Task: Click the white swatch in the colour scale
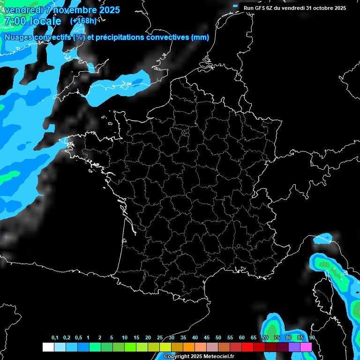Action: coord(48,347)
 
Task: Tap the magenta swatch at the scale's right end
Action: coord(306,347)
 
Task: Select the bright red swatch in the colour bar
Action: coord(247,347)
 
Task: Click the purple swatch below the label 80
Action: coord(294,347)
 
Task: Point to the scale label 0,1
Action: coord(55,338)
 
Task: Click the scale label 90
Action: coord(312,338)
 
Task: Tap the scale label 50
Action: coord(218,338)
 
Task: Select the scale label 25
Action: coord(160,338)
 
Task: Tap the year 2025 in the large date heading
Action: coord(106,10)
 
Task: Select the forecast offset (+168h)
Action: coord(83,21)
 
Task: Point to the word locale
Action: coord(45,22)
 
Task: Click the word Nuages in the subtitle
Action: coord(17,37)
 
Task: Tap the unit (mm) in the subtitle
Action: coord(200,37)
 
